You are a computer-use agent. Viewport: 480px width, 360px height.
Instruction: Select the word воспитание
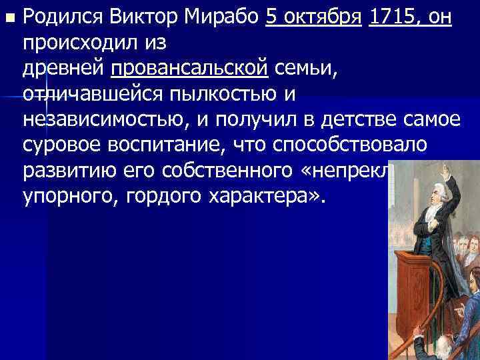169,145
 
